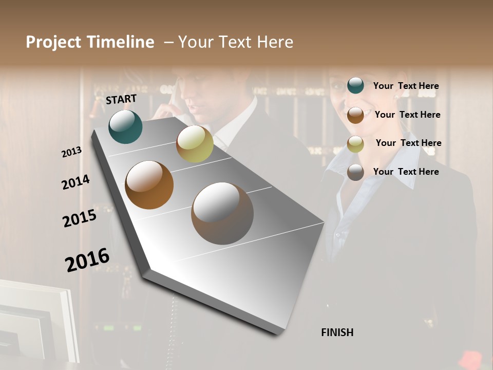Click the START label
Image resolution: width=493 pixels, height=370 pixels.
(121, 99)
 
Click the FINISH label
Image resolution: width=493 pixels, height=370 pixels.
(337, 332)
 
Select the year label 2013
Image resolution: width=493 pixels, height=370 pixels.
(71, 152)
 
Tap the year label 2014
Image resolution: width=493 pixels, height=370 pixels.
(75, 182)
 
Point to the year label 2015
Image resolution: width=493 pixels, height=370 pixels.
(80, 218)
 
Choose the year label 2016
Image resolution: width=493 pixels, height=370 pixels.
(87, 260)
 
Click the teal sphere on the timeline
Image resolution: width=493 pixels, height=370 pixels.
(125, 127)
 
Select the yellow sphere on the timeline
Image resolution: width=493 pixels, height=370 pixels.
(195, 144)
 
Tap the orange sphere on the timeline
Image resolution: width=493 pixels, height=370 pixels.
(149, 185)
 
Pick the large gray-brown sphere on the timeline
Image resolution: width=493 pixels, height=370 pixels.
(222, 213)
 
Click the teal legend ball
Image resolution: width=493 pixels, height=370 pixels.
(355, 85)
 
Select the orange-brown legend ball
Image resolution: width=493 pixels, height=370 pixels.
(355, 115)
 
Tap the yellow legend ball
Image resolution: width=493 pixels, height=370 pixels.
(355, 144)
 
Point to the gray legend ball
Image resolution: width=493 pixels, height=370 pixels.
(355, 172)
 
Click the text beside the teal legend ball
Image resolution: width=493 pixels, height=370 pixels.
(406, 86)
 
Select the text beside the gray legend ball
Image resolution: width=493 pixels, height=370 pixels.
(406, 172)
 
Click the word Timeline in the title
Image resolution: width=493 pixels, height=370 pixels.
(121, 42)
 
